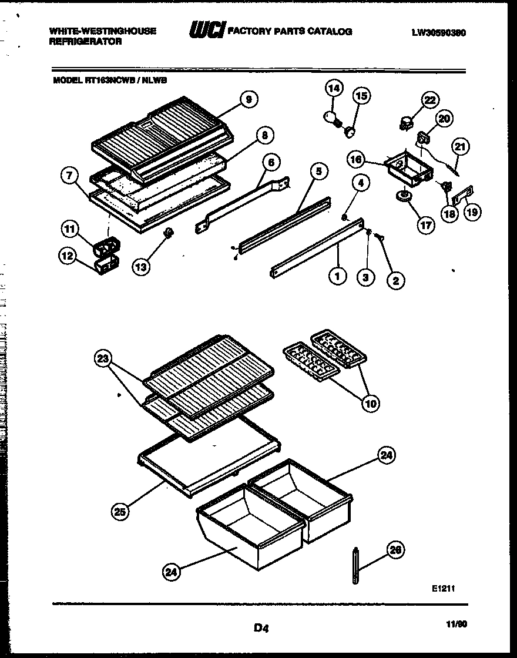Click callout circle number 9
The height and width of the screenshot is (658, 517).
[x=249, y=100]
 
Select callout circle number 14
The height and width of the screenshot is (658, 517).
[x=334, y=89]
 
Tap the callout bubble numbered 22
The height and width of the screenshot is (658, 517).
[x=430, y=100]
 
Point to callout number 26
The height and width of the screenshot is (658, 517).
[x=395, y=549]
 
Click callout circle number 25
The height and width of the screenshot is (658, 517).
[x=120, y=512]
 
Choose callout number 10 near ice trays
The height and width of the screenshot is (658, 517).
[x=371, y=403]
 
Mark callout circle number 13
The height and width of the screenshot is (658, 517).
[x=140, y=267]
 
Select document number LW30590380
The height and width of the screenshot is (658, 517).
[x=438, y=33]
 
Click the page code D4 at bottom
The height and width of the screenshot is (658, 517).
[x=261, y=628]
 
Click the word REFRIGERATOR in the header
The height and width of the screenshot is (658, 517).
[x=86, y=42]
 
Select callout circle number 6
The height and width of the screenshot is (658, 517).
[x=272, y=162]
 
